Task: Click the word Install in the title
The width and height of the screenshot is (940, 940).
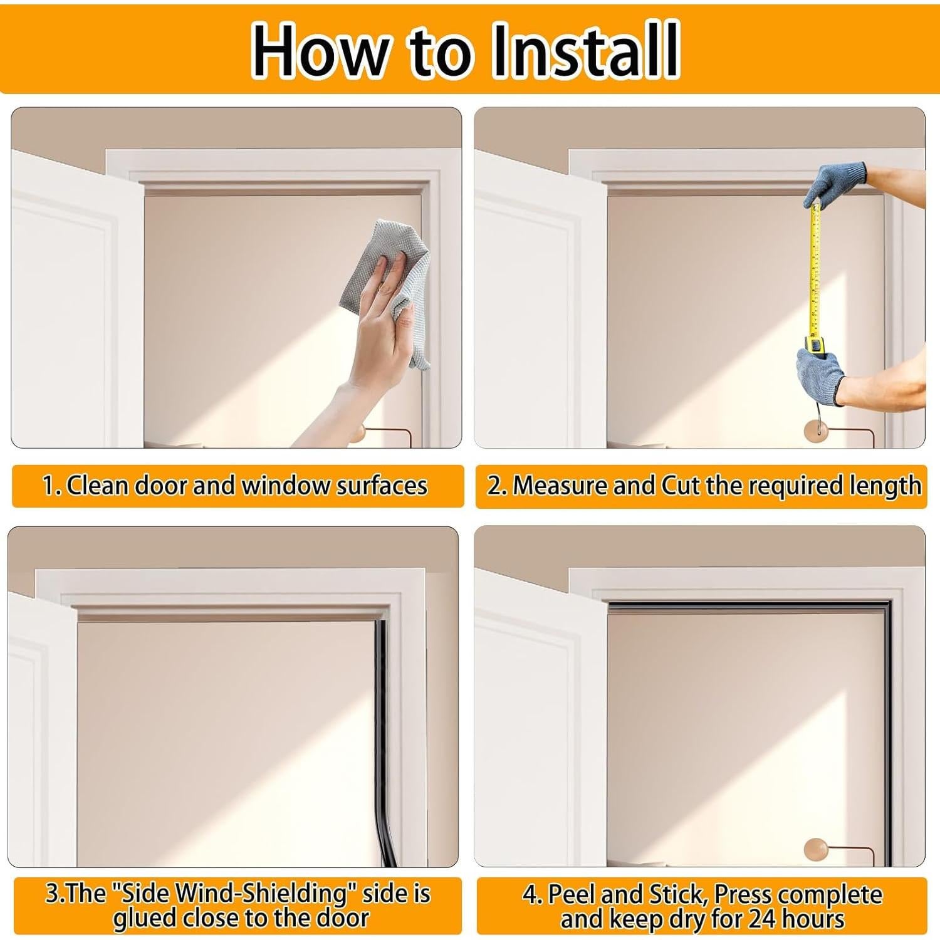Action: click(x=585, y=50)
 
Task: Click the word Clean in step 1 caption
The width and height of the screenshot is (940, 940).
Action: click(x=97, y=486)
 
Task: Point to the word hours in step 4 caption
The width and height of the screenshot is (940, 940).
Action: click(x=812, y=919)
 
